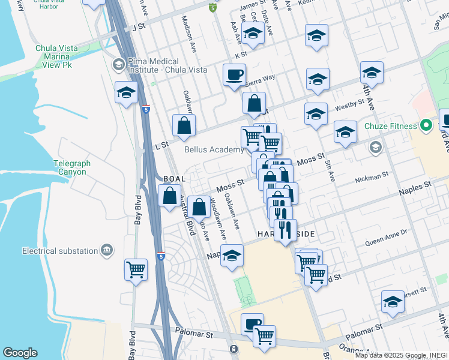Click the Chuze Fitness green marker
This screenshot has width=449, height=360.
click(x=426, y=126)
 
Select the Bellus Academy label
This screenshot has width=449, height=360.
click(x=214, y=149)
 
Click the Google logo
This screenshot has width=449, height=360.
click(x=20, y=353)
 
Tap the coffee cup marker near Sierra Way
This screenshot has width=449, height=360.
click(x=234, y=75)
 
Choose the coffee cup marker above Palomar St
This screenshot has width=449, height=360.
click(x=252, y=324)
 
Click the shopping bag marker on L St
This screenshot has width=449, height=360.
click(x=183, y=125)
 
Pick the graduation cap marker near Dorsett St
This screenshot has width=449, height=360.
click(x=393, y=301)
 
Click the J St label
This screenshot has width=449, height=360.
click(x=138, y=26)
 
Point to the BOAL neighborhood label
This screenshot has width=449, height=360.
click(x=174, y=179)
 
